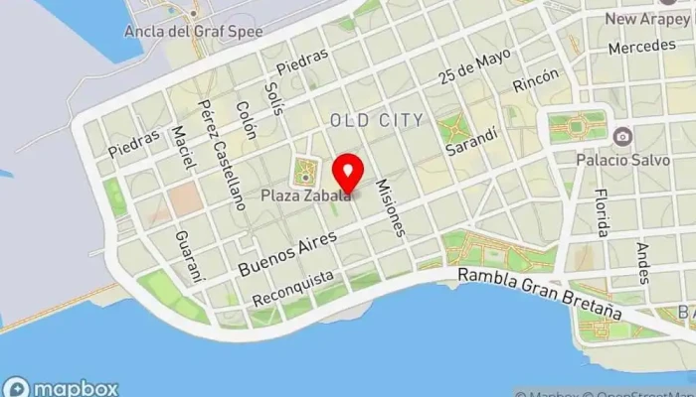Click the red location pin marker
(x=347, y=172)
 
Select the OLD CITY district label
(x=377, y=120)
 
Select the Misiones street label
(x=390, y=207)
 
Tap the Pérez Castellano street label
(x=221, y=154)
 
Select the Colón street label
(x=246, y=123)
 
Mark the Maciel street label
(x=181, y=148)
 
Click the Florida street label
(x=601, y=213)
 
